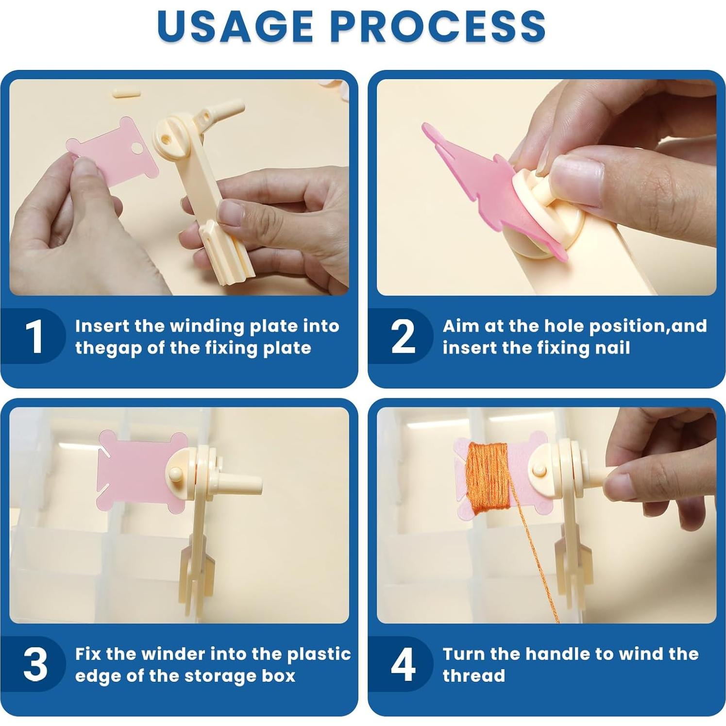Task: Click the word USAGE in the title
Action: coord(235,25)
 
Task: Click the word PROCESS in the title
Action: coord(439,25)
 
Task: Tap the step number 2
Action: coord(403,336)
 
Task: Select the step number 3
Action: coord(35,664)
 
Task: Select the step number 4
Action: coord(403,664)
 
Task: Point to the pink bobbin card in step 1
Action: coord(112,152)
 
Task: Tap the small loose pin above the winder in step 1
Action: coord(125,92)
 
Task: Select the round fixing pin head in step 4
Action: coord(539,470)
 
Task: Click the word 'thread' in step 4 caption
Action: coord(473,675)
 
